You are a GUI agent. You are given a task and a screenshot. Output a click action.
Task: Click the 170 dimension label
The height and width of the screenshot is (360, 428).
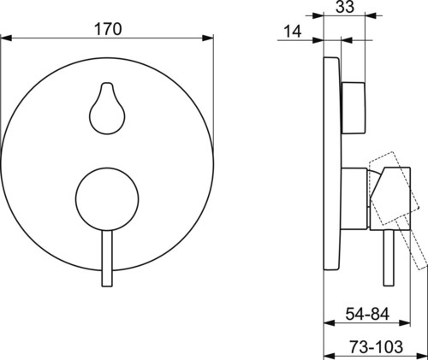(108, 29)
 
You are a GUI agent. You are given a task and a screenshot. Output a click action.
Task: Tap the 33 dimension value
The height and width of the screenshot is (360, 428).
(345, 7)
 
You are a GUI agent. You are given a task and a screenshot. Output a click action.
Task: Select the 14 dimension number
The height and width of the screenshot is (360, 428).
(293, 31)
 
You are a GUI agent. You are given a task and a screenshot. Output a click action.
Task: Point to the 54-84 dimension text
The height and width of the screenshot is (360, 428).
(367, 314)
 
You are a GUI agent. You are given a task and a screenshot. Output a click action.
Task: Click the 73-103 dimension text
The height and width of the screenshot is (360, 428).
(377, 347)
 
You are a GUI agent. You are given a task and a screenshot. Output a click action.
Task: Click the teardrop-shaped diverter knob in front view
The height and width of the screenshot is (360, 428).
(107, 108)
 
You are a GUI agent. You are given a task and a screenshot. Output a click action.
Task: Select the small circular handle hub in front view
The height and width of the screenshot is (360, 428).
(107, 199)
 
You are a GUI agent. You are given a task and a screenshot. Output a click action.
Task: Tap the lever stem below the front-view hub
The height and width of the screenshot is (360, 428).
(107, 258)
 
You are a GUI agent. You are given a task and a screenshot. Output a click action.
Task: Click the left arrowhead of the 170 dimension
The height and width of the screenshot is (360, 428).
(6, 38)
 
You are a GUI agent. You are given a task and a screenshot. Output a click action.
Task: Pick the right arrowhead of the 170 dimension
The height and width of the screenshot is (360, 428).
(208, 38)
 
